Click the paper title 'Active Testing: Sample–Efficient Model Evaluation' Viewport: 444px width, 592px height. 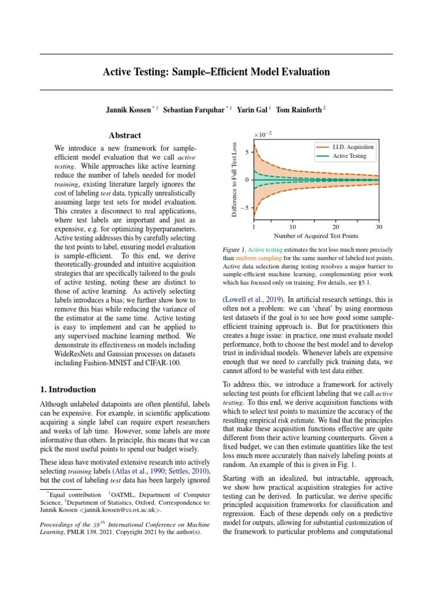216,72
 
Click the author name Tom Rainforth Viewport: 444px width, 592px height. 299,109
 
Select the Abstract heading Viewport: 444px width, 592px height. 125,135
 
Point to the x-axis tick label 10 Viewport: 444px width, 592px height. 293,227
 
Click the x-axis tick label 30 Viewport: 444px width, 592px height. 379,227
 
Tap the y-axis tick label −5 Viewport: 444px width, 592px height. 243,208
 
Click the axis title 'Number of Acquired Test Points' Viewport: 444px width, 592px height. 316,236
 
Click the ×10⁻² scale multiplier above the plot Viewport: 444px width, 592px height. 263,135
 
